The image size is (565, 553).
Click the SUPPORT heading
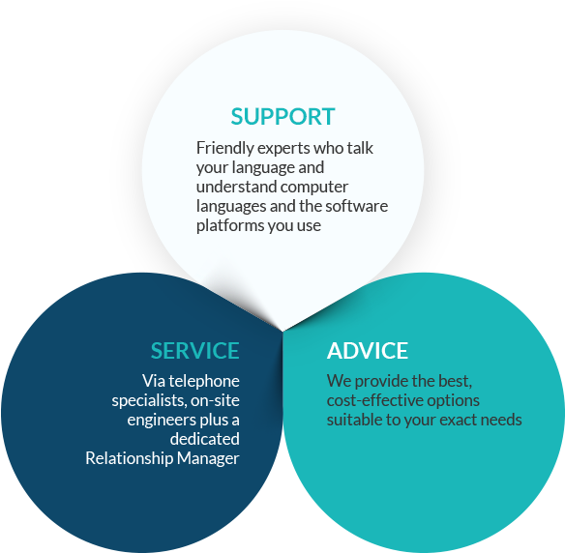tap(282, 117)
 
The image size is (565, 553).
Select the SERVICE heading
tap(194, 350)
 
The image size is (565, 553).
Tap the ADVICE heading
tap(368, 350)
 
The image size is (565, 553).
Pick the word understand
tap(237, 187)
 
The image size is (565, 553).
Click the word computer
tap(314, 188)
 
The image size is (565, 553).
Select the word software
tap(357, 206)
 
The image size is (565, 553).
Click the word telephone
tap(204, 382)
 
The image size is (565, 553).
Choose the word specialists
tap(150, 401)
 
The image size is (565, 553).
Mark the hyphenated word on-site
tap(215, 400)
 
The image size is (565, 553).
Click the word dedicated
tap(205, 439)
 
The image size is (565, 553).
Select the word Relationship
tap(130, 458)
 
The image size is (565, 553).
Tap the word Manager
tap(208, 459)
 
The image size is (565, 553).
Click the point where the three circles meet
tap(282, 331)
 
